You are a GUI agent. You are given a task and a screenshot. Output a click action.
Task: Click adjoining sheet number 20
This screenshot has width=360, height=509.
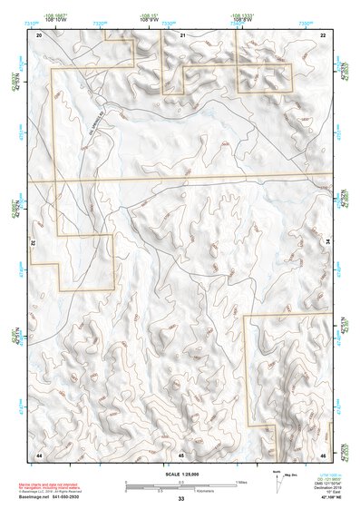click(x=39, y=34)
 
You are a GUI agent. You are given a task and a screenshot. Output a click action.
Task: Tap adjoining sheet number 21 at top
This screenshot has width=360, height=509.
click(x=182, y=34)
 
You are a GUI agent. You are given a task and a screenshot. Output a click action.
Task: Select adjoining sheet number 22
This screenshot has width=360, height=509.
click(x=323, y=34)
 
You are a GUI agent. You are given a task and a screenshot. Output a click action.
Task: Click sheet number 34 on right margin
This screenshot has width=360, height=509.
click(x=327, y=243)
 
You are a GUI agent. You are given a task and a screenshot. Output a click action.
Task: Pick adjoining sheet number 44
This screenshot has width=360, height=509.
click(x=39, y=453)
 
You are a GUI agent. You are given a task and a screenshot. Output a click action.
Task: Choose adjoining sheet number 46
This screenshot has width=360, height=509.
click(x=323, y=453)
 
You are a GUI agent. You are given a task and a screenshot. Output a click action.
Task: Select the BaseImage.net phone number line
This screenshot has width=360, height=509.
click(x=54, y=496)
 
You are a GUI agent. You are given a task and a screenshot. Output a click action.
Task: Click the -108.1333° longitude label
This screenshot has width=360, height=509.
click(x=239, y=15)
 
